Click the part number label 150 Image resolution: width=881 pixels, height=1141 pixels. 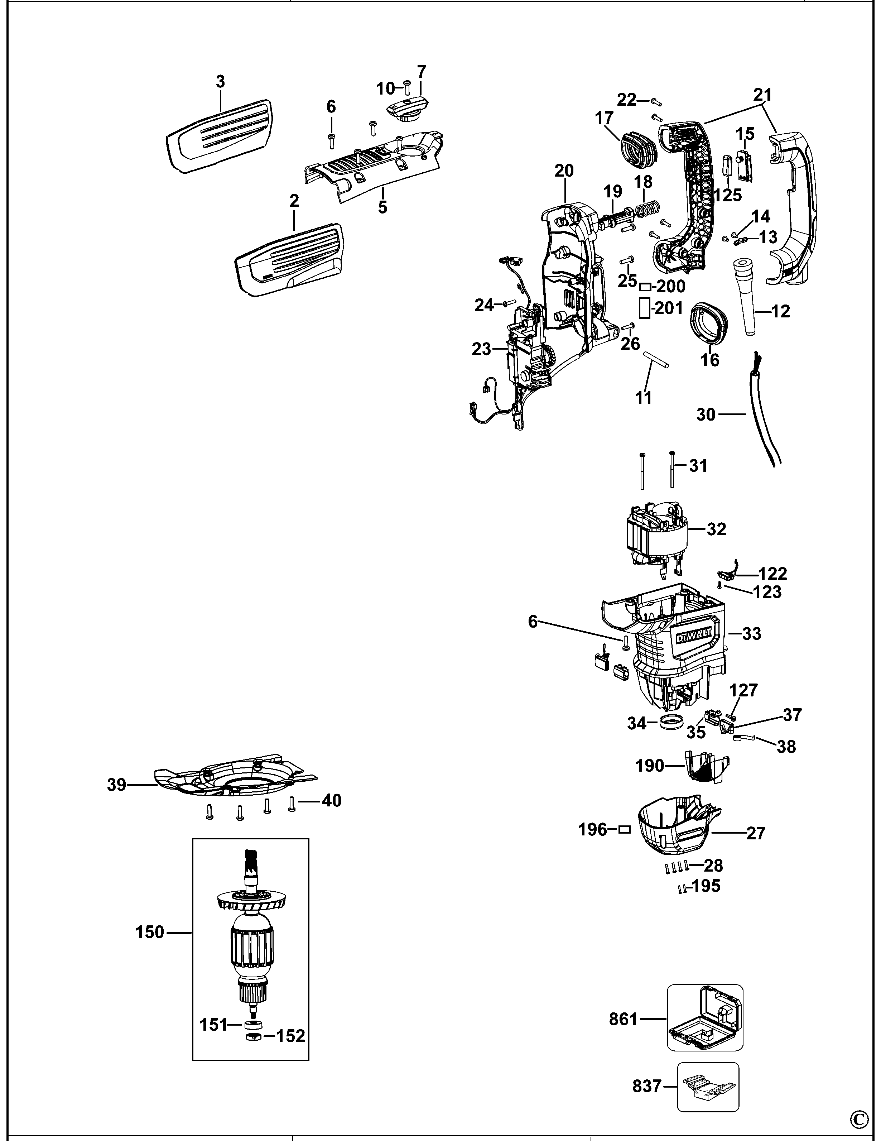(x=150, y=933)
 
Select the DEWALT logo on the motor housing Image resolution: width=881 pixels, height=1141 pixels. (x=694, y=636)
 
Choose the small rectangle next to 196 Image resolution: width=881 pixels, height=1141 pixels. (x=624, y=830)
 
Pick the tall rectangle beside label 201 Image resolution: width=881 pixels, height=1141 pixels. (x=644, y=308)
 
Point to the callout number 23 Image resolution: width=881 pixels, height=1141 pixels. (x=481, y=349)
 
